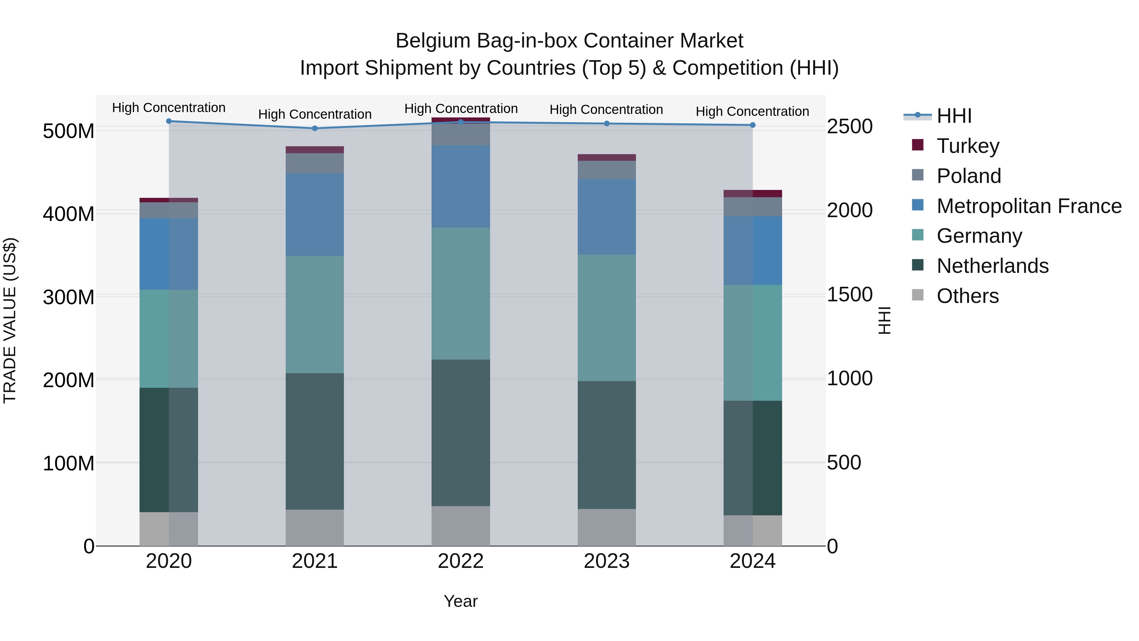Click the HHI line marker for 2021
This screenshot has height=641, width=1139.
point(315,128)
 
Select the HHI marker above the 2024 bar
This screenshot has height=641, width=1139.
point(753,125)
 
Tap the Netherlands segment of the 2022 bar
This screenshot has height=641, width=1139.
point(461,433)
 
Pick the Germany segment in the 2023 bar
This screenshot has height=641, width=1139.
point(607,317)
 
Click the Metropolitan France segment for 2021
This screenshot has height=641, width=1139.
point(315,215)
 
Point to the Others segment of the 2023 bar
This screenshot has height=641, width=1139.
point(607,527)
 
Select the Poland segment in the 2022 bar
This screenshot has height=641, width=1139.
point(461,135)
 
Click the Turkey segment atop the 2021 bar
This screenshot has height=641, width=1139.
point(315,149)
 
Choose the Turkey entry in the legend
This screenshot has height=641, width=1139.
point(968,146)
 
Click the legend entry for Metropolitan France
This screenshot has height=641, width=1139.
point(1029,206)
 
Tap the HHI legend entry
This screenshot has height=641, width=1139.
point(954,116)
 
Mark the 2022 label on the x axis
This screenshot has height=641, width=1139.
point(461,561)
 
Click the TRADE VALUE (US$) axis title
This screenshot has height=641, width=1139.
point(10,320)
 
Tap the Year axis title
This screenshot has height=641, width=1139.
point(461,601)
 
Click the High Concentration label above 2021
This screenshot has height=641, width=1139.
point(315,114)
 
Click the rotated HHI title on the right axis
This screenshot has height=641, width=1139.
point(884,320)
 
